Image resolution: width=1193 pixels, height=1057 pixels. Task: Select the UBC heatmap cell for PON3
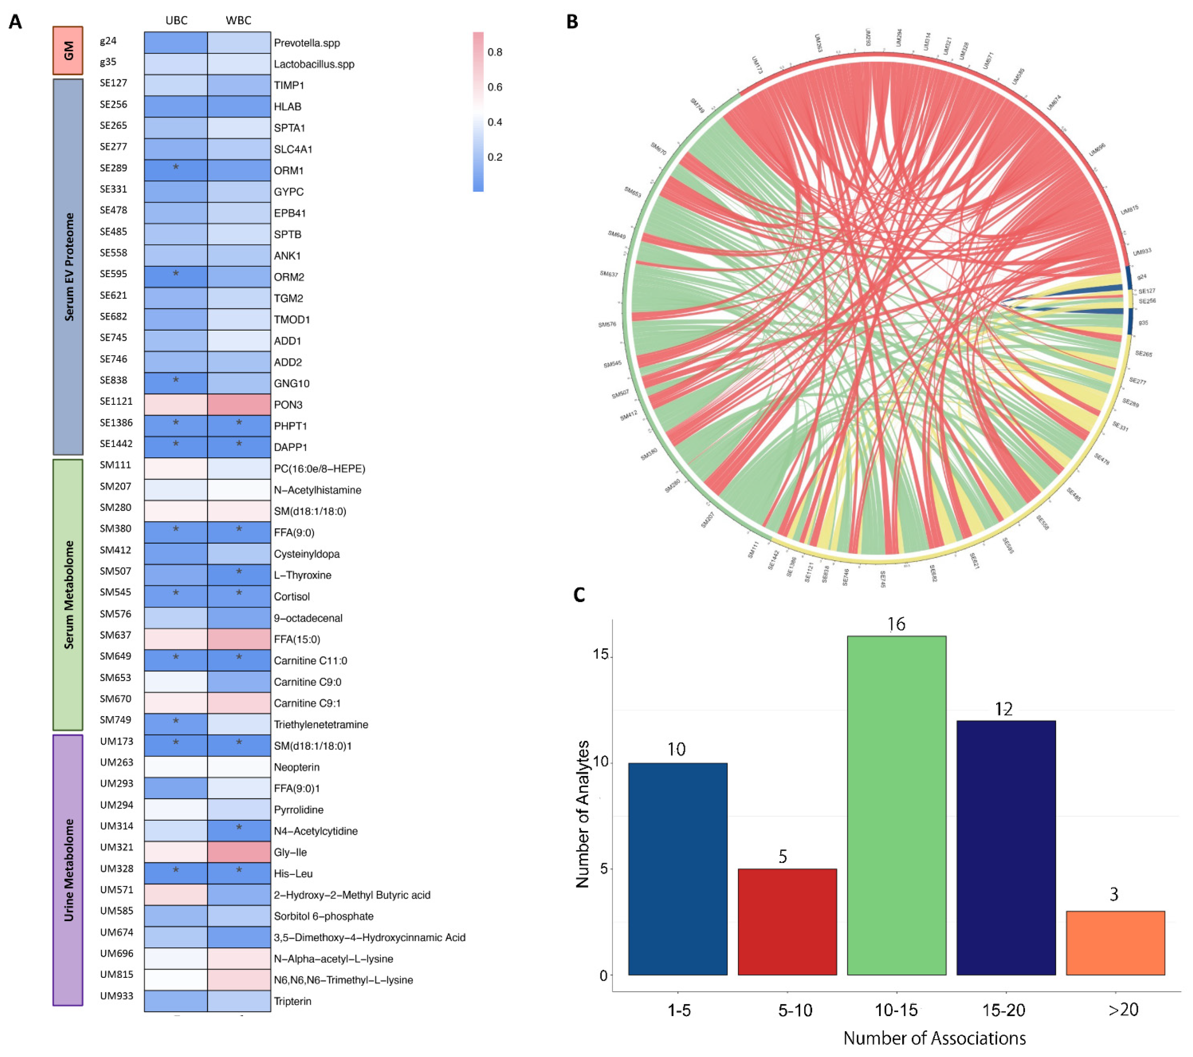176,404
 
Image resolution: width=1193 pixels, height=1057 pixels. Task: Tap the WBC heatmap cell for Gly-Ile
239,852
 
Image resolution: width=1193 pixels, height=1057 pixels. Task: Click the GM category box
68,50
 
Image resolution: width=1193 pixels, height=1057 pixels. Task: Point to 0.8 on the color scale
495,52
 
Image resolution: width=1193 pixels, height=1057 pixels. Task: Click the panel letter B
572,22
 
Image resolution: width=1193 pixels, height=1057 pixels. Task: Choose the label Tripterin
292,1001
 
